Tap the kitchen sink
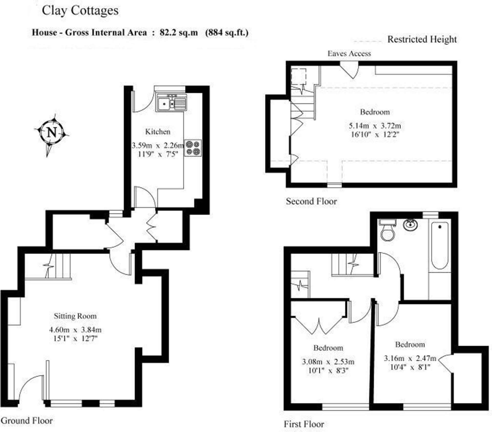pyautogui.click(x=171, y=103)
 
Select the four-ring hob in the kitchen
pyautogui.click(x=193, y=148)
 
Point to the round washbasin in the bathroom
pyautogui.click(x=411, y=225)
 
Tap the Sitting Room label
pyautogui.click(x=75, y=316)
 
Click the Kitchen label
pyautogui.click(x=158, y=131)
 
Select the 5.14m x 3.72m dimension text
pyautogui.click(x=375, y=126)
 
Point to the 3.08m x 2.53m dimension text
pyautogui.click(x=328, y=362)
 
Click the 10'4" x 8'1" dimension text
pyautogui.click(x=410, y=367)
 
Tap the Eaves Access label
pyautogui.click(x=349, y=53)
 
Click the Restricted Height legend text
pyautogui.click(x=422, y=39)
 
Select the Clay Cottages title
pyautogui.click(x=80, y=11)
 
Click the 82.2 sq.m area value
pyautogui.click(x=179, y=33)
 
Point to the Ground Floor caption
pyautogui.click(x=27, y=420)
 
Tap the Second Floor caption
pyautogui.click(x=311, y=201)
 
